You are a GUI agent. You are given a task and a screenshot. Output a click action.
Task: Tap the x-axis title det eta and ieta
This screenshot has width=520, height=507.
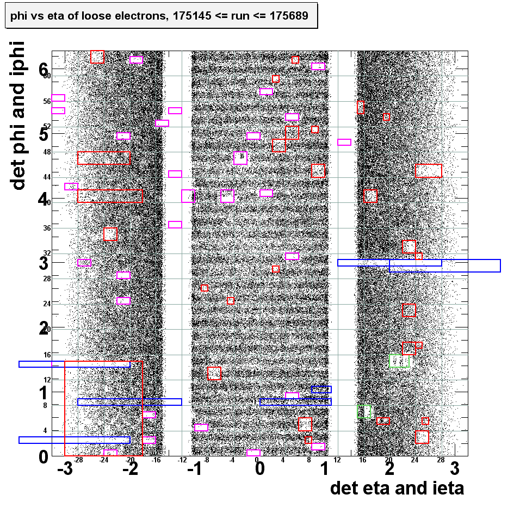click(x=397, y=488)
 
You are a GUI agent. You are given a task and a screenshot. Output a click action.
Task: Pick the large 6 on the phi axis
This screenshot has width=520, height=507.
click(x=44, y=69)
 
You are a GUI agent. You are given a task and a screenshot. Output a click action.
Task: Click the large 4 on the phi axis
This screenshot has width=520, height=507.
click(x=44, y=199)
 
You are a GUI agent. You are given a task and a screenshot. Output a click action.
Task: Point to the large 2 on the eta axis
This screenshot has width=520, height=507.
click(x=389, y=469)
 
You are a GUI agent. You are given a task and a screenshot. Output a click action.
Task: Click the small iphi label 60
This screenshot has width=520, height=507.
click(x=47, y=76)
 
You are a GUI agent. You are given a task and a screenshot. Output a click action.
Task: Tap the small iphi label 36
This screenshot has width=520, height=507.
click(x=47, y=228)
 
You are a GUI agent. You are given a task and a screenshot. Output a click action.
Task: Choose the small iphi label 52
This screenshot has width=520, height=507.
click(x=47, y=126)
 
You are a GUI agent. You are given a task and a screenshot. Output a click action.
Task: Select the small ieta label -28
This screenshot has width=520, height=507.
click(x=78, y=460)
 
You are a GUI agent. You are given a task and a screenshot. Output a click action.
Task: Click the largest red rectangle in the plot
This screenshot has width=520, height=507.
click(x=103, y=408)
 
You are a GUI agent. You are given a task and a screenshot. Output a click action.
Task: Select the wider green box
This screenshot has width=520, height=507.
click(x=400, y=361)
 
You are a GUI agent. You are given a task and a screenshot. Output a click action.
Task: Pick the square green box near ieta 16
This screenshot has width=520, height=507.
click(x=364, y=411)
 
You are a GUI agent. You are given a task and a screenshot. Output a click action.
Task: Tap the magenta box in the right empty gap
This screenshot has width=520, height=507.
click(x=344, y=142)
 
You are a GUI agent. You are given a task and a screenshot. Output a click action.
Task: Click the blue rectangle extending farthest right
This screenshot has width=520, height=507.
click(x=444, y=265)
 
